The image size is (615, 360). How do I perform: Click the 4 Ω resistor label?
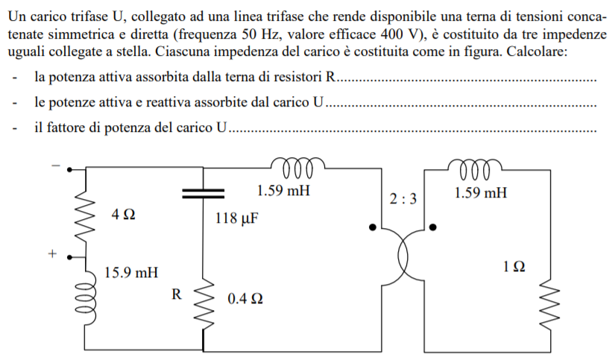tap(123, 215)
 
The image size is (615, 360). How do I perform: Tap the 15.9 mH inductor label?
tap(131, 272)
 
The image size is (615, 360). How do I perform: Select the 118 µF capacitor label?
tap(236, 218)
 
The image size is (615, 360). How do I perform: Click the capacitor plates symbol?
tap(204, 193)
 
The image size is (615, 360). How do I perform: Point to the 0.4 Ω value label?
tap(245, 299)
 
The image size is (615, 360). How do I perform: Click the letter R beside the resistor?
tap(177, 294)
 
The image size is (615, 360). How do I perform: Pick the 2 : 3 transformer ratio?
tap(403, 199)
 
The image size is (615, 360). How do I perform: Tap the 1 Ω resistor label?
tap(514, 267)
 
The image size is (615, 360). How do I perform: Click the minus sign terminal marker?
tap(56, 165)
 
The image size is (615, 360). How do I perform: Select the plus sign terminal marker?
tap(52, 253)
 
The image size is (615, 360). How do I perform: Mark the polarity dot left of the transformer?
tap(373, 227)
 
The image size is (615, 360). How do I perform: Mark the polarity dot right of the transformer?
tap(432, 227)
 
